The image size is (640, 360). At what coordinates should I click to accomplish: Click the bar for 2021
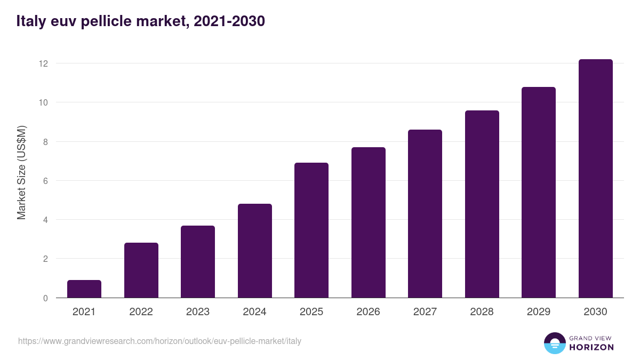pos(84,289)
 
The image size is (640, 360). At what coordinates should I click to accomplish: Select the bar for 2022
pos(141,270)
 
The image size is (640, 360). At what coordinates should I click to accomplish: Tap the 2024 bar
pos(255,251)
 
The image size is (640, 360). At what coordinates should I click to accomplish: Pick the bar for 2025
pos(311,230)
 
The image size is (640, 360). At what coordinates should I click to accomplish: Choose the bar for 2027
pos(425,214)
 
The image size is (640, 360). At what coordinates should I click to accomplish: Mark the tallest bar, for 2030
pos(596,179)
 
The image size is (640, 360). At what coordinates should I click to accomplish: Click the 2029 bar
pos(539,193)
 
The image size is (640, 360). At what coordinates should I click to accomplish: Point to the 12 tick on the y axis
pos(43,63)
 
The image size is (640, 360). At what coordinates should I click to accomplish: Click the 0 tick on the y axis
pos(45,298)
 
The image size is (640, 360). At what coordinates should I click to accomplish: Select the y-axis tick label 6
pos(45,181)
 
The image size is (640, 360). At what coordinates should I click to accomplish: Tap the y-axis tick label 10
pos(43,102)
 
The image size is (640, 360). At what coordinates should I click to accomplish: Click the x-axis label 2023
pos(198,312)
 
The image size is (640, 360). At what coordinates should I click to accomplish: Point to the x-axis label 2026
pos(369,312)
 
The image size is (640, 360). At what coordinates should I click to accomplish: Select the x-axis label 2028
pos(482,312)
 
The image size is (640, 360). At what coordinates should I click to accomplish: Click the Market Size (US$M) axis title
pos(21,173)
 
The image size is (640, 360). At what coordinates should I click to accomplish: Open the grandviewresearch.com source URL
pos(159,341)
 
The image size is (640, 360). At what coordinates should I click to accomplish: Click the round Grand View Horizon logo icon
pos(555,343)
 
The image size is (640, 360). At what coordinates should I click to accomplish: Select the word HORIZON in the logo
pos(591,347)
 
